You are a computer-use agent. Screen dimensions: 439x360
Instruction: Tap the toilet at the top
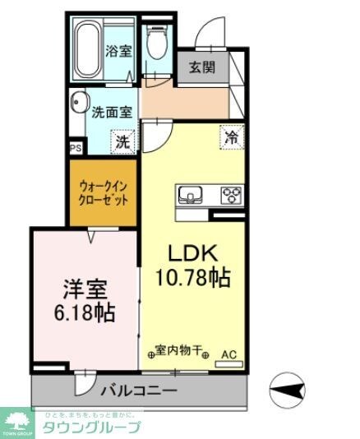156,44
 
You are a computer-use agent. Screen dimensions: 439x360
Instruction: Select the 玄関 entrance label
202,68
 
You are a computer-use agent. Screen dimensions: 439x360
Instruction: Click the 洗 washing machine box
122,141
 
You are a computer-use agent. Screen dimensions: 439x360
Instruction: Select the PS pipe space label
75,149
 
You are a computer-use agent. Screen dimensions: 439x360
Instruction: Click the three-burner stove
231,196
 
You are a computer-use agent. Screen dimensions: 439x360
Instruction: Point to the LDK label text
192,252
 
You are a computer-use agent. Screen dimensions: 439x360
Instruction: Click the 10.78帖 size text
192,278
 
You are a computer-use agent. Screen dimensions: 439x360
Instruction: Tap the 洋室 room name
85,289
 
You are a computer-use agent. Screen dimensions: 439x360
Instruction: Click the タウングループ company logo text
90,426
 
